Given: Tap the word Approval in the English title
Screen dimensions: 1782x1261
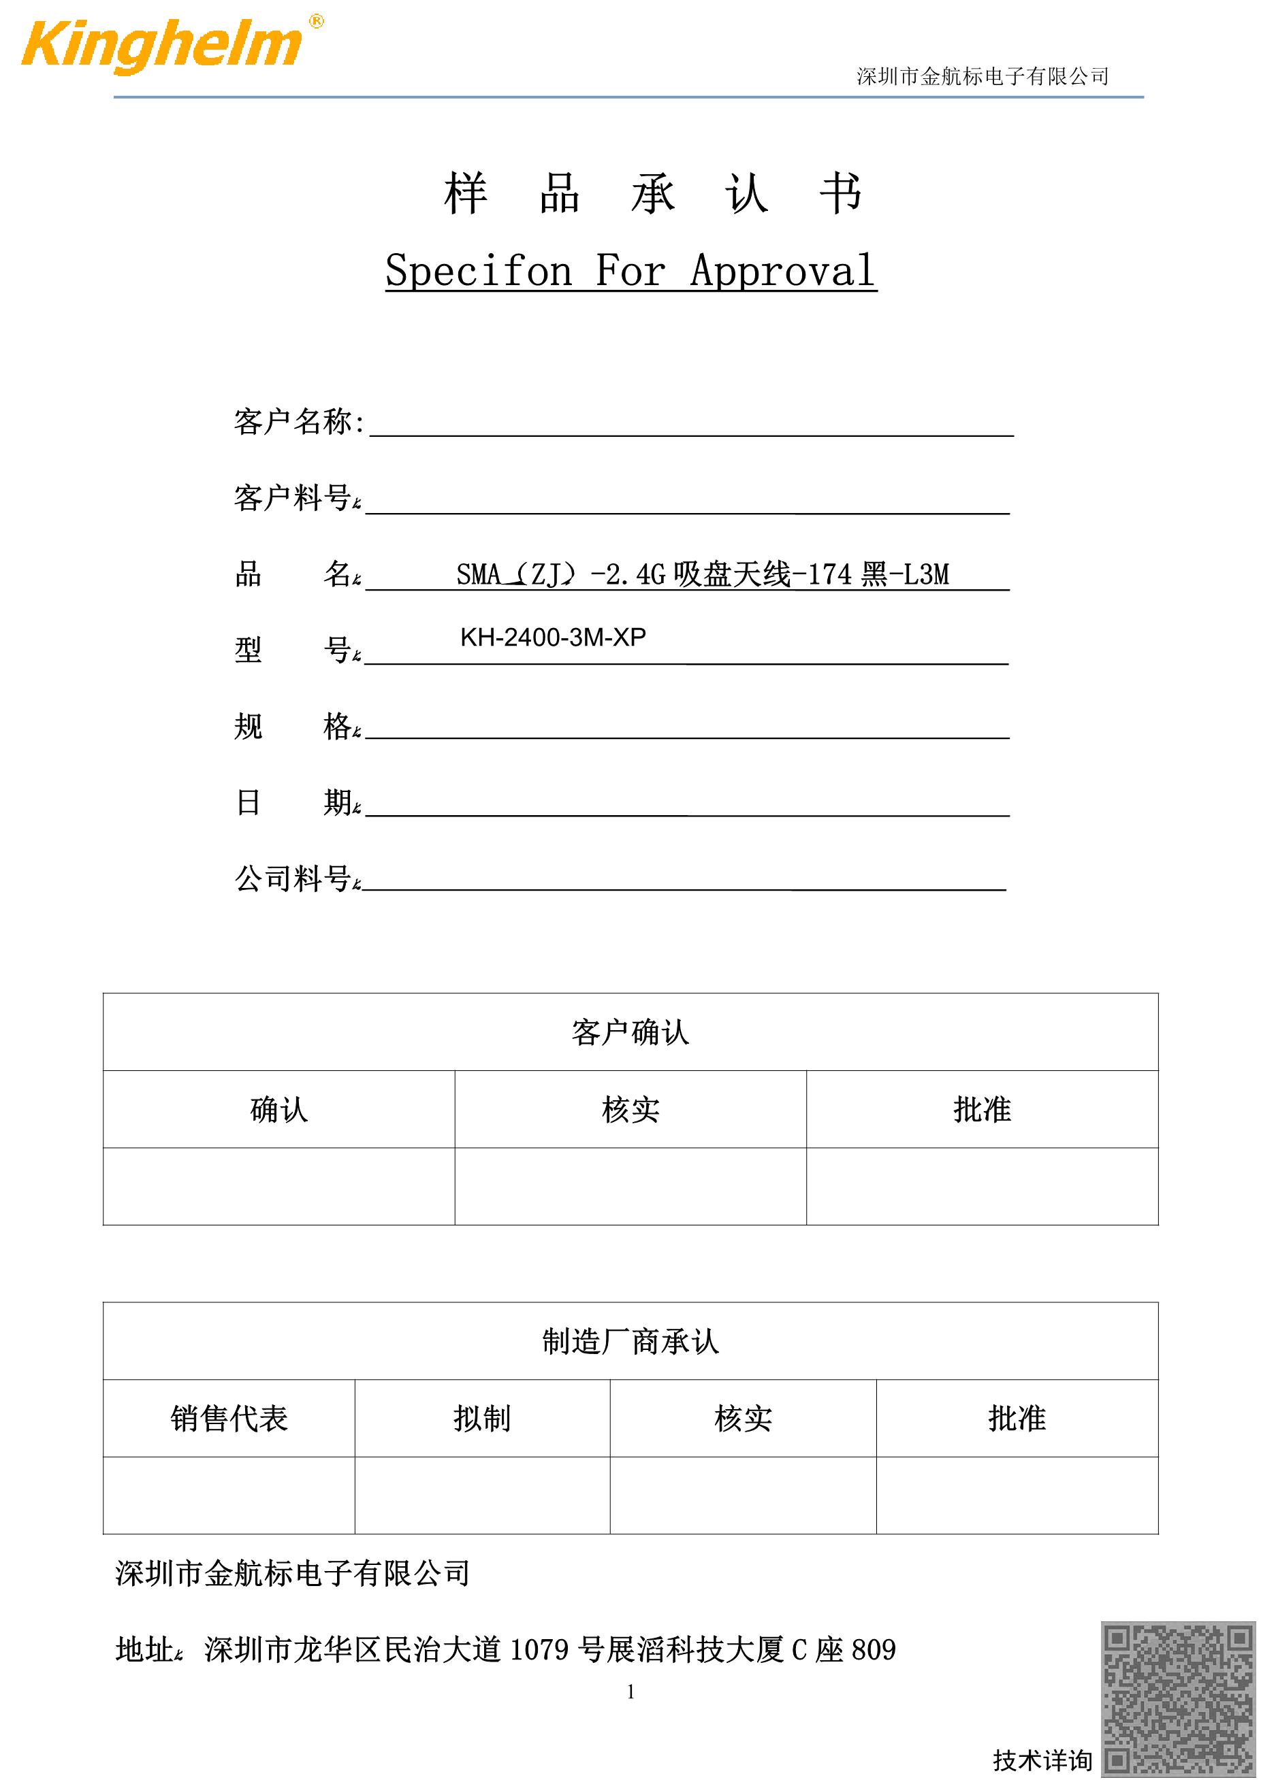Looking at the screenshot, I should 783,271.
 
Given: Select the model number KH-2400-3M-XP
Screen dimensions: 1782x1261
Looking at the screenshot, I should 553,637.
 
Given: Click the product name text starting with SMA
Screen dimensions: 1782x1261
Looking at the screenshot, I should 702,574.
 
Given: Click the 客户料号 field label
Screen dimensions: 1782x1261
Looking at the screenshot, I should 293,497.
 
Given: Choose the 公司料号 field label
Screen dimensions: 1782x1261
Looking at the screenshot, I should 293,878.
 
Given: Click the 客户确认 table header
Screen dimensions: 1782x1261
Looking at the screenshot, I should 630,1032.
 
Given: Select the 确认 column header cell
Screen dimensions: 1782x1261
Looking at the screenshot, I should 278,1110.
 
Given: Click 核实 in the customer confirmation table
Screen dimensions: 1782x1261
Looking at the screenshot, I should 630,1110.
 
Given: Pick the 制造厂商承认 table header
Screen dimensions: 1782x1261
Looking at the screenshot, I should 630,1341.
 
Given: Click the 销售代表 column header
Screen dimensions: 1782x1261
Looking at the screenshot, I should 229,1419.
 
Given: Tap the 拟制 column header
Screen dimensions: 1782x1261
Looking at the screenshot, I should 482,1419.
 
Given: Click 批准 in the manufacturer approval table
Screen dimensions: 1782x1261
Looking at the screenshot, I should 1017,1419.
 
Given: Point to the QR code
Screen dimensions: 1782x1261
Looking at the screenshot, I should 1179,1698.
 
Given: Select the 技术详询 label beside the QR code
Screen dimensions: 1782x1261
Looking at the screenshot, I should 1042,1760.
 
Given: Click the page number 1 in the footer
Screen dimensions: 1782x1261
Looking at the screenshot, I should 630,1692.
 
